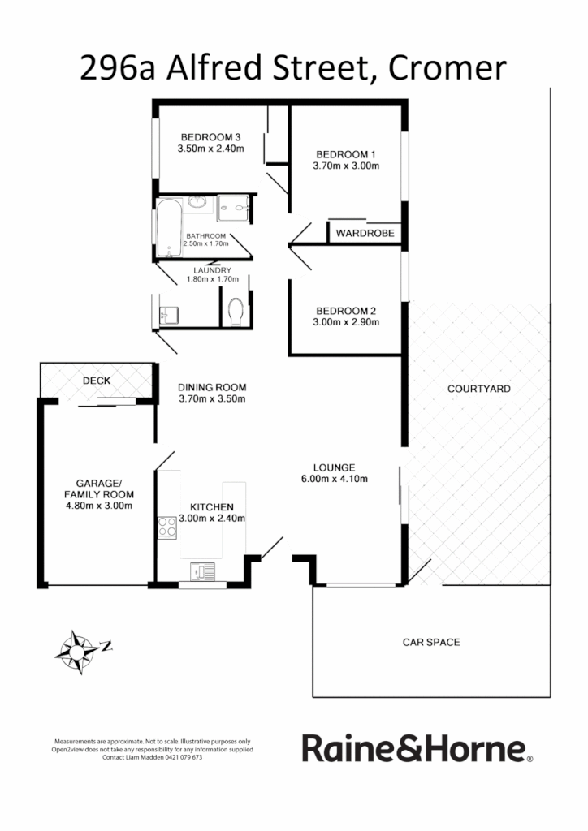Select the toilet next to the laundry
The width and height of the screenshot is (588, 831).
(x=236, y=311)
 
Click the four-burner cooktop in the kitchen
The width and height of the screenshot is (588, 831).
(x=167, y=527)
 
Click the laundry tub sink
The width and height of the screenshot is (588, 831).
(x=168, y=313)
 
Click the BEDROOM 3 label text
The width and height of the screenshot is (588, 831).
(x=210, y=136)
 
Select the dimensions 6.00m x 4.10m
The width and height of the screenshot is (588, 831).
(x=335, y=479)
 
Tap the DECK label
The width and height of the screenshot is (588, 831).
(x=97, y=380)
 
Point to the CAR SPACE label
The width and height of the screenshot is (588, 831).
(x=431, y=642)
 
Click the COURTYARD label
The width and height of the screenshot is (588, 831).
(x=479, y=389)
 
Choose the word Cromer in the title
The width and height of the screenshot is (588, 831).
(x=447, y=68)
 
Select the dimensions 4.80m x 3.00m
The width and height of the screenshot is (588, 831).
(x=99, y=506)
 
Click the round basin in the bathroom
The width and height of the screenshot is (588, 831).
(x=197, y=203)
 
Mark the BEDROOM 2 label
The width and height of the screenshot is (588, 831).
(x=346, y=311)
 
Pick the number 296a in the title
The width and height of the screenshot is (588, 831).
(x=118, y=68)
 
